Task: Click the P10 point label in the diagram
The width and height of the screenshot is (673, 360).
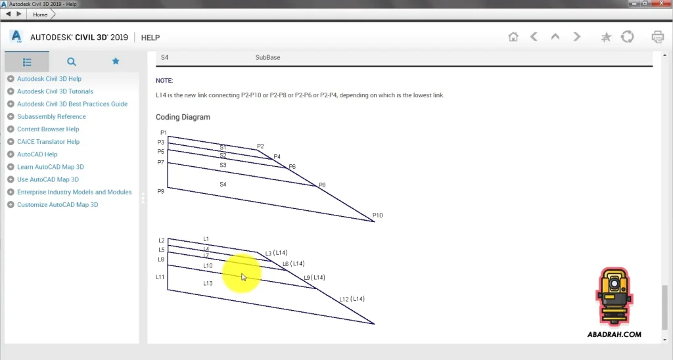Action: pyautogui.click(x=377, y=215)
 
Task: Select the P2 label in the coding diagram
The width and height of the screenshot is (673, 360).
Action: pyautogui.click(x=260, y=146)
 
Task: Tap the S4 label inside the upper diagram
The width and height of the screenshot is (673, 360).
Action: pyautogui.click(x=223, y=185)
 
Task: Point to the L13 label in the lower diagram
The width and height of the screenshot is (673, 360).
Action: pyautogui.click(x=208, y=283)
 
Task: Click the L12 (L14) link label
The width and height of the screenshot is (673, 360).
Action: pyautogui.click(x=352, y=299)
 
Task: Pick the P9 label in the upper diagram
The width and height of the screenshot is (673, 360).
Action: pyautogui.click(x=160, y=191)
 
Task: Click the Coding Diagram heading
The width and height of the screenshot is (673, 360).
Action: pyautogui.click(x=183, y=117)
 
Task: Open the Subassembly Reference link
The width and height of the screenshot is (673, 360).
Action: pyautogui.click(x=51, y=117)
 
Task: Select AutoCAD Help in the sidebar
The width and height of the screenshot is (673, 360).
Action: pyautogui.click(x=37, y=154)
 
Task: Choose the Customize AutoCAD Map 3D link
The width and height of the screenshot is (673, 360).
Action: pyautogui.click(x=58, y=205)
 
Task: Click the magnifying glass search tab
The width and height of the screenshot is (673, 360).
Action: pyautogui.click(x=71, y=62)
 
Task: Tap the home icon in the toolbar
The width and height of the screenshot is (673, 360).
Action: pyautogui.click(x=513, y=37)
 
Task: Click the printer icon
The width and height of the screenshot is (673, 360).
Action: pyautogui.click(x=657, y=37)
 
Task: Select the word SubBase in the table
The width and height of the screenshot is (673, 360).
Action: pyautogui.click(x=268, y=58)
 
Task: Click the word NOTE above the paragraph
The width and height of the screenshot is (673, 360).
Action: pyautogui.click(x=164, y=81)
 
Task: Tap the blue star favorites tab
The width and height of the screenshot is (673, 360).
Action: pyautogui.click(x=116, y=61)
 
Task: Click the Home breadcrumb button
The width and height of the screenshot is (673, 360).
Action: pyautogui.click(x=40, y=14)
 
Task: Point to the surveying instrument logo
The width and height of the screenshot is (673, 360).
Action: pyautogui.click(x=615, y=297)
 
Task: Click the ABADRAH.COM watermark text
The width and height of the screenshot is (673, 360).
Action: pyautogui.click(x=615, y=334)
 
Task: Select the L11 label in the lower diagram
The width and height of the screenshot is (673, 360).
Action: pyautogui.click(x=160, y=277)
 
